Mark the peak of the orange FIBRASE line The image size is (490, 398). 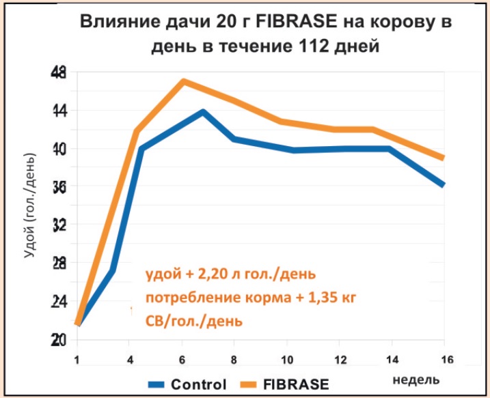(183, 81)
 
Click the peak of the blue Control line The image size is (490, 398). (203, 111)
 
